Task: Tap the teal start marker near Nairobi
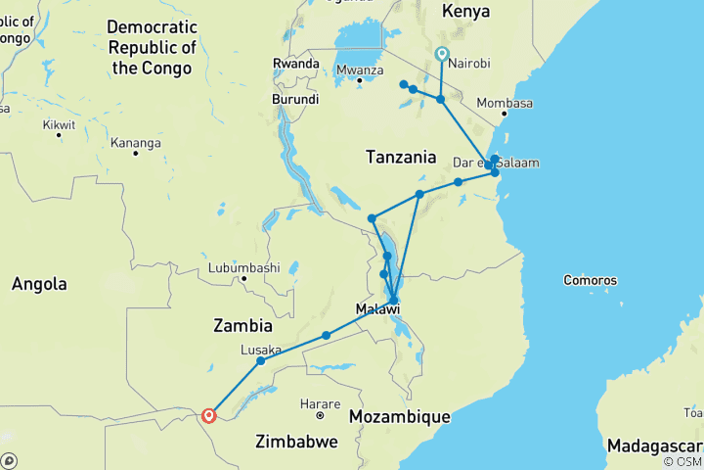click(x=442, y=55)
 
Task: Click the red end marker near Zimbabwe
click(x=208, y=415)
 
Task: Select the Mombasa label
click(x=506, y=104)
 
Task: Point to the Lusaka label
click(x=261, y=350)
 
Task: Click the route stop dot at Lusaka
click(x=260, y=361)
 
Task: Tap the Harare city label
click(x=320, y=402)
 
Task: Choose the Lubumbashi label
click(x=244, y=266)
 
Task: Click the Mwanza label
click(x=359, y=70)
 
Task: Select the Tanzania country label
click(x=400, y=157)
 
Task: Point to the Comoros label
click(x=590, y=281)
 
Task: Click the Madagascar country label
click(x=652, y=446)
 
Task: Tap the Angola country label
click(x=39, y=284)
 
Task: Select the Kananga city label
click(x=136, y=143)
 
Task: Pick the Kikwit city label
click(x=59, y=125)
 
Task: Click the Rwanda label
click(x=296, y=64)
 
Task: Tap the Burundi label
click(x=295, y=100)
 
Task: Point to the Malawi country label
click(x=377, y=309)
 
